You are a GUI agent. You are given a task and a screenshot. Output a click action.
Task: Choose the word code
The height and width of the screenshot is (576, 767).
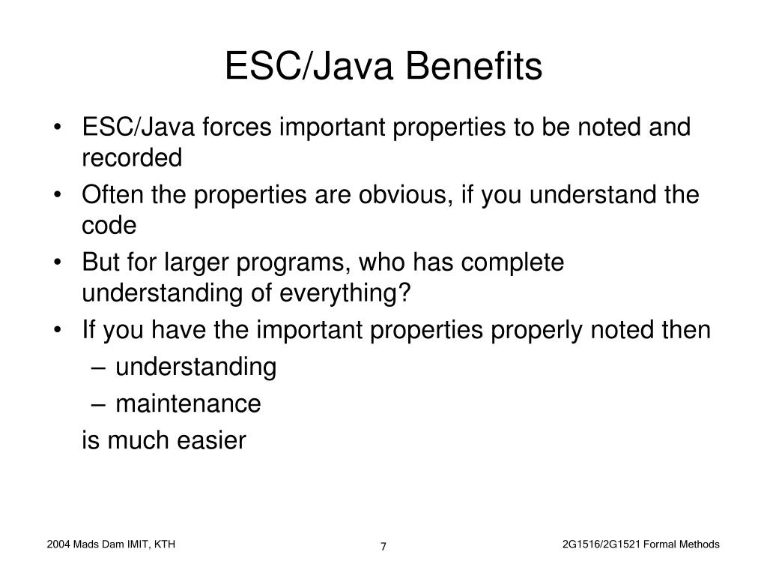tap(109, 226)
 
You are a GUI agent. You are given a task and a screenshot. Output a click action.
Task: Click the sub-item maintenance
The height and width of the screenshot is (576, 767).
tap(188, 404)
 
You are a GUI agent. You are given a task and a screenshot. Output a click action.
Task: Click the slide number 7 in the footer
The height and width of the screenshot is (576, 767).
tap(383, 546)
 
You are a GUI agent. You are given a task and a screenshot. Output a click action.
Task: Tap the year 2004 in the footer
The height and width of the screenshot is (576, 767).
tap(58, 544)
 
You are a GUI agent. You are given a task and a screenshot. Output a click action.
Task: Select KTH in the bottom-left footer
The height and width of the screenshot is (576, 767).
tap(164, 544)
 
